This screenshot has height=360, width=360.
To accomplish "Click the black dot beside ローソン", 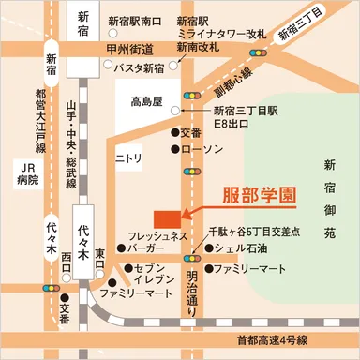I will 175,149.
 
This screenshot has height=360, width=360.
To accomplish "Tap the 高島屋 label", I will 147,99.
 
